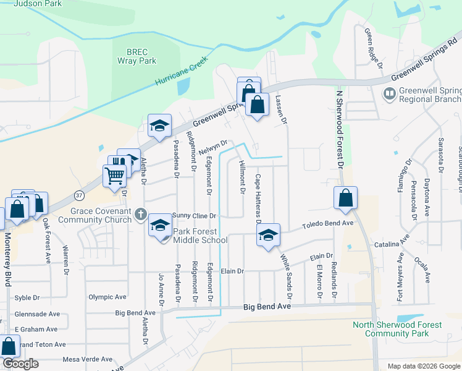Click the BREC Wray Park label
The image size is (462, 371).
[137, 57]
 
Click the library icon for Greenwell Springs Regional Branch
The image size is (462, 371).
[390, 94]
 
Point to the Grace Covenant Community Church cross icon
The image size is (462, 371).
[141, 215]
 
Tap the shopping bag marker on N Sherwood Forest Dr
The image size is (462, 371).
[346, 198]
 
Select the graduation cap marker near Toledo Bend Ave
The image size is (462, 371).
[268, 236]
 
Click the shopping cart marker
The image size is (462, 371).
[115, 176]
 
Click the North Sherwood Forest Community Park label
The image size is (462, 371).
[406, 329]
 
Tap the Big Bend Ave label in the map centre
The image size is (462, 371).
[266, 307]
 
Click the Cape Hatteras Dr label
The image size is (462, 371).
[258, 198]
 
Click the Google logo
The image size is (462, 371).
[20, 364]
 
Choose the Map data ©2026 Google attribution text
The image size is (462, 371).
[423, 366]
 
